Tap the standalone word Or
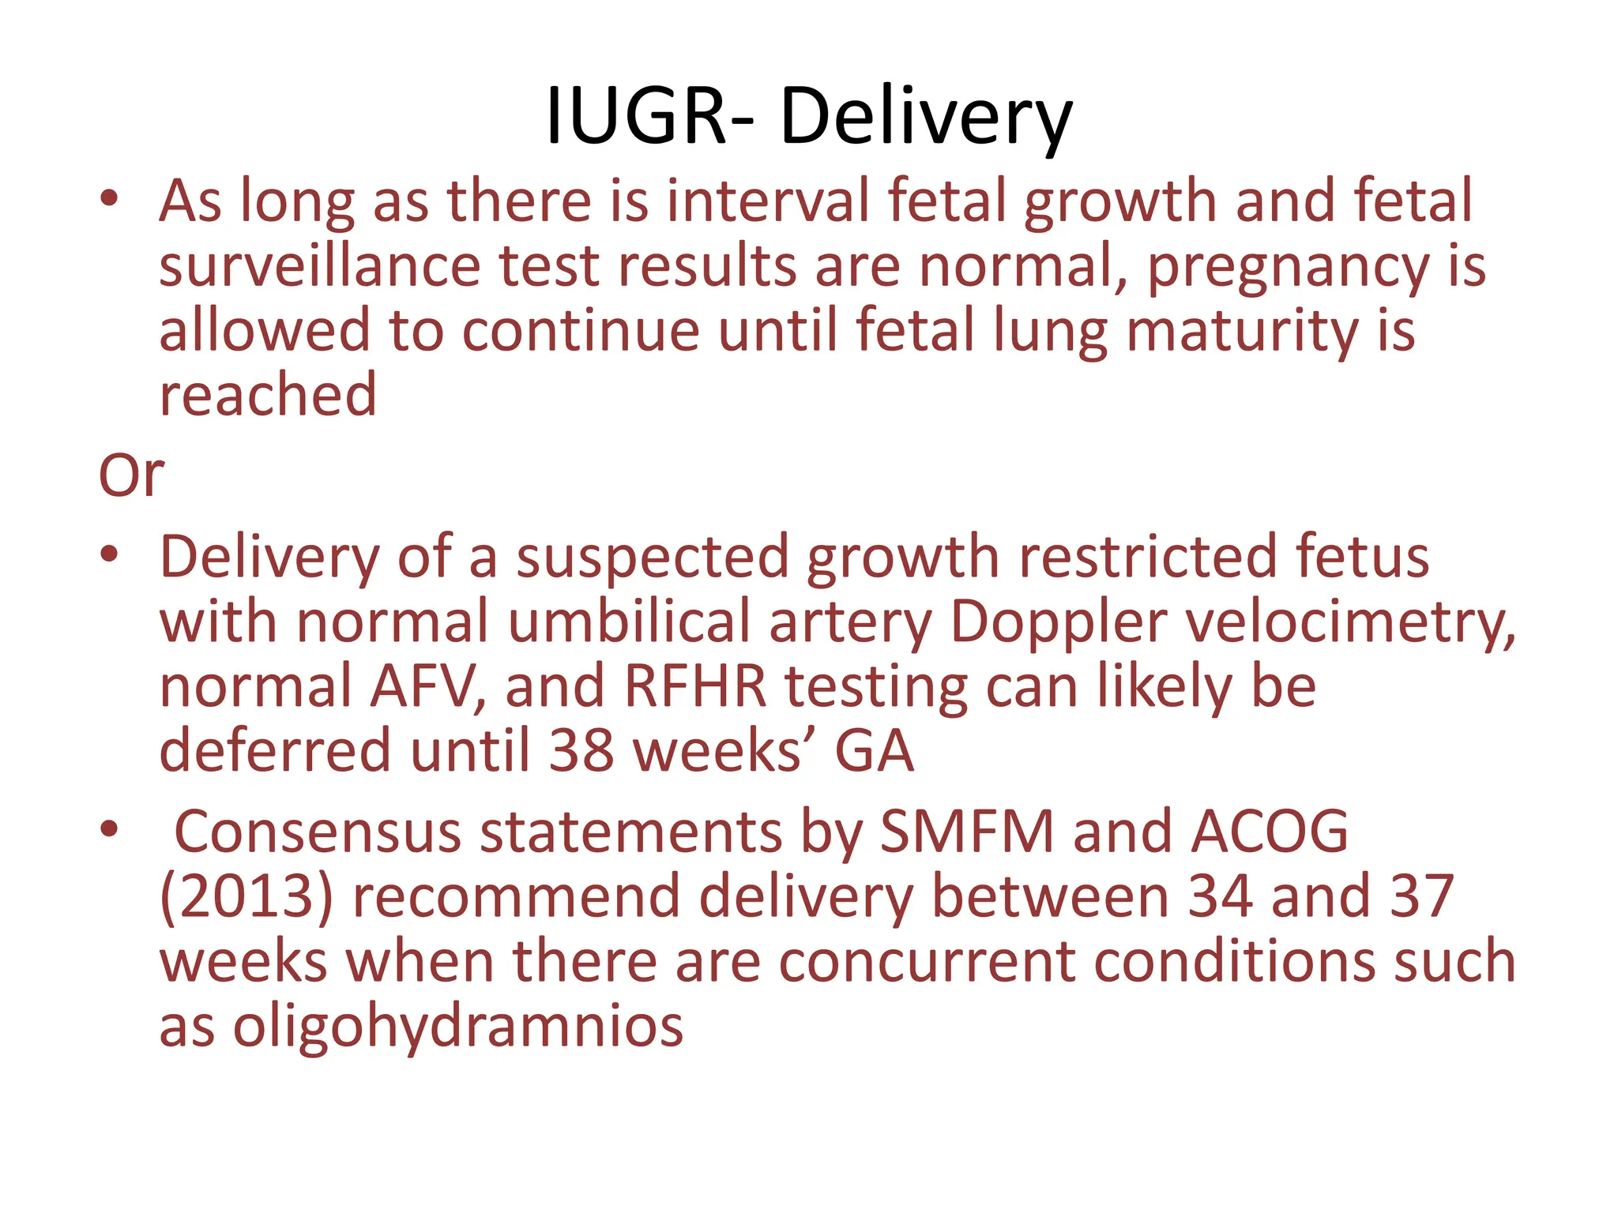coord(131,475)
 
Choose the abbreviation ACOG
coord(1270,832)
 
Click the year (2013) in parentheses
coord(246,897)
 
